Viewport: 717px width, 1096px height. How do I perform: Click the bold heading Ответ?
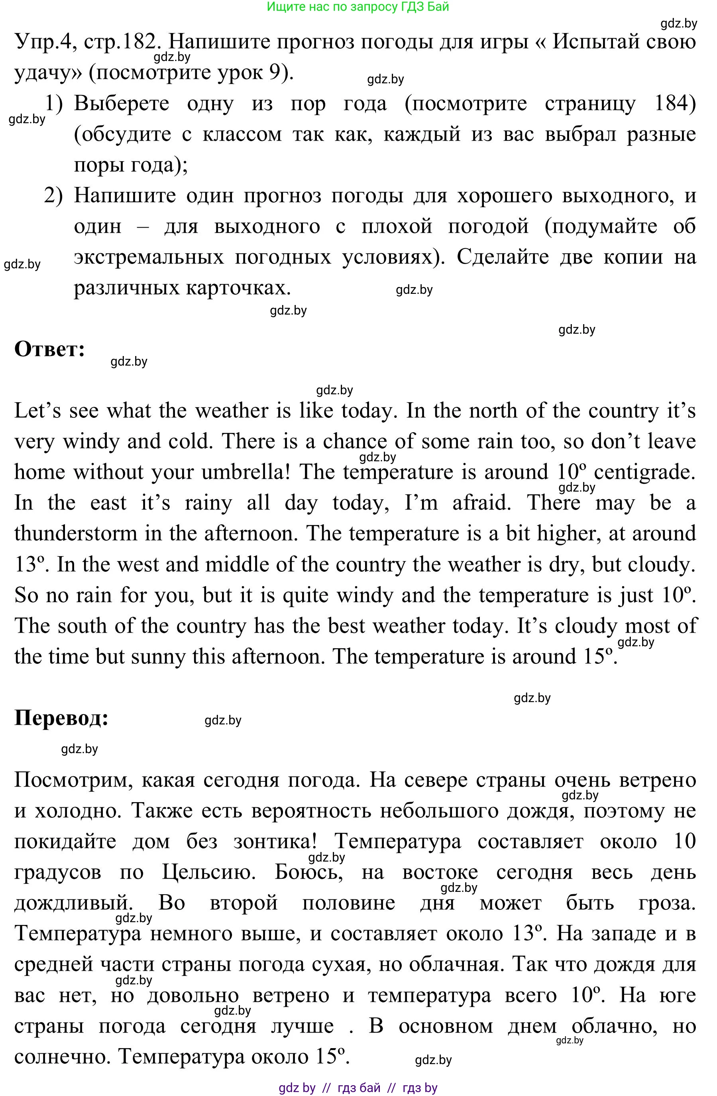click(x=50, y=349)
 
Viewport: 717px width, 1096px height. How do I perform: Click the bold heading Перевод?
click(x=61, y=718)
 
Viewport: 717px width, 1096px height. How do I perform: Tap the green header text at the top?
click(x=358, y=6)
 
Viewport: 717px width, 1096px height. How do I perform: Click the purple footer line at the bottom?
click(x=358, y=1088)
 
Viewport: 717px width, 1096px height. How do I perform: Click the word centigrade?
click(x=644, y=472)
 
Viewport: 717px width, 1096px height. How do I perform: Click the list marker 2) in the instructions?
click(x=53, y=196)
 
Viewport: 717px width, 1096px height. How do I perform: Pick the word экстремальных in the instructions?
click(x=149, y=258)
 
